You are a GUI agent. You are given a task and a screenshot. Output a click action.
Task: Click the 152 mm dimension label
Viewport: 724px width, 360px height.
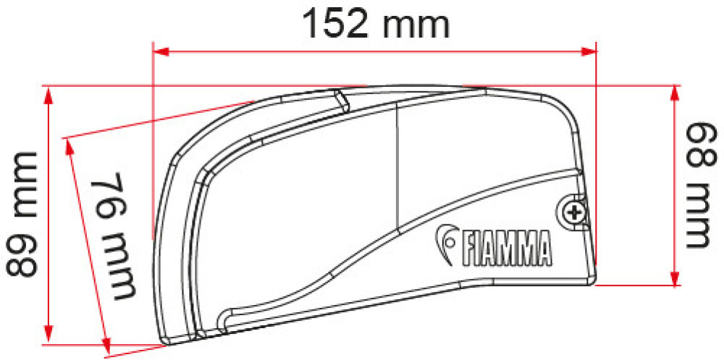tap(376, 24)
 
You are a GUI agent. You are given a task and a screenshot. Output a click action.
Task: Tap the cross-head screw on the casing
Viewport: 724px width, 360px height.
tap(574, 212)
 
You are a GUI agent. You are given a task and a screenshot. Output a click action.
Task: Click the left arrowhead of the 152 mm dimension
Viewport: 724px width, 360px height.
tap(161, 51)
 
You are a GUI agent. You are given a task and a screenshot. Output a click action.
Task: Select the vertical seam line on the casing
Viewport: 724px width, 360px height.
tap(398, 167)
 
